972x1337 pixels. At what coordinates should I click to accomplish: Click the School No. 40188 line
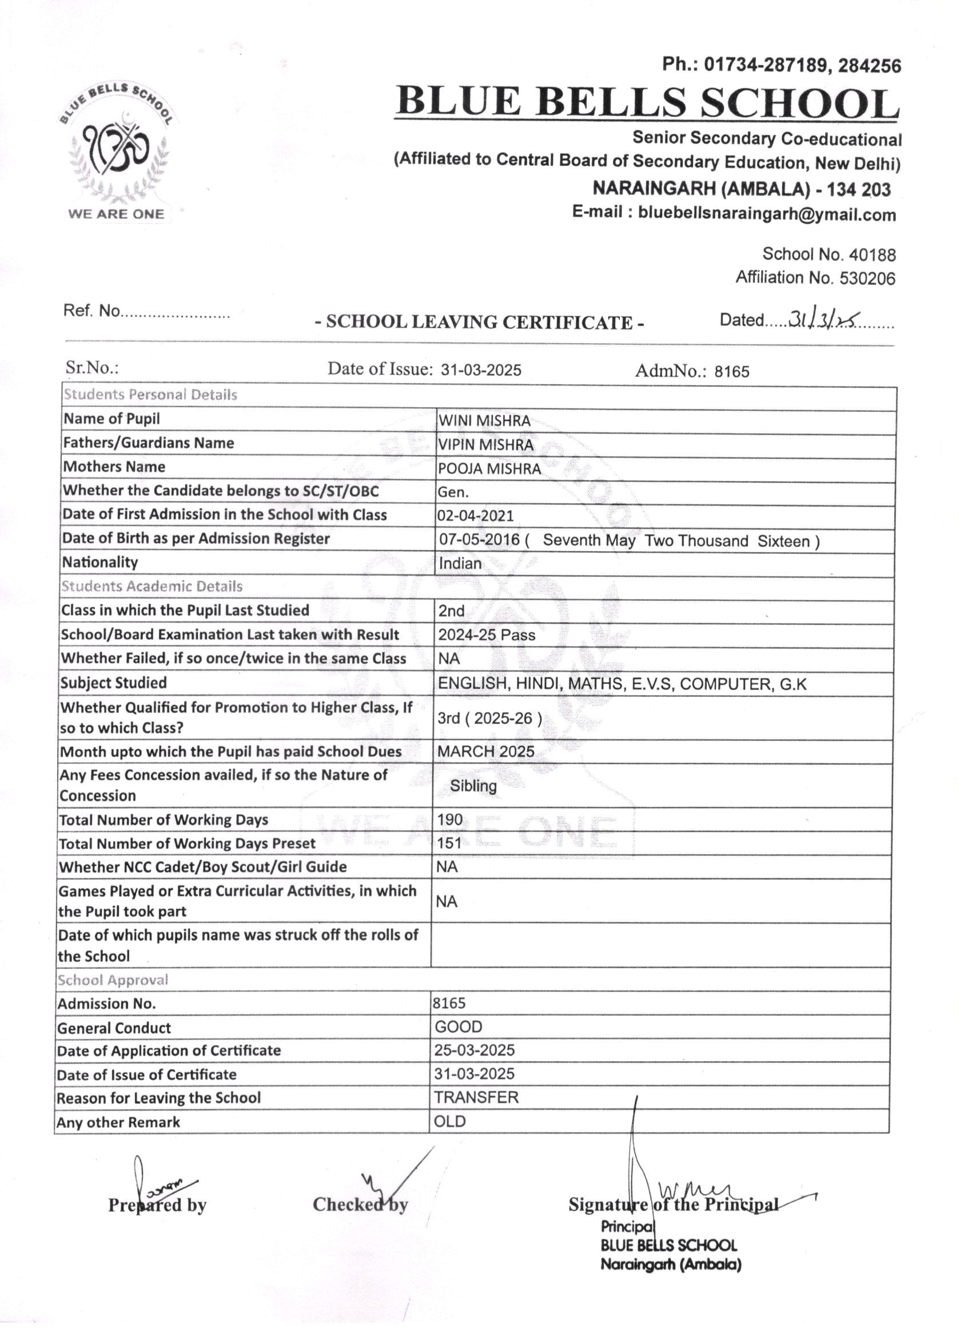click(x=828, y=254)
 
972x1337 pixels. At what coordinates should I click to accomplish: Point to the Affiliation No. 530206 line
click(x=815, y=278)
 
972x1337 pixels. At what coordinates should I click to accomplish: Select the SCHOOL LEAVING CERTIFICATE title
click(x=479, y=323)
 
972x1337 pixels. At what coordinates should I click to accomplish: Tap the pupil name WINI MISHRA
click(x=484, y=421)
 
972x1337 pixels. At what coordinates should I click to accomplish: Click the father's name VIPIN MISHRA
click(x=485, y=445)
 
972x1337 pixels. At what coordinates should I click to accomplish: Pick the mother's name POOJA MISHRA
click(x=489, y=469)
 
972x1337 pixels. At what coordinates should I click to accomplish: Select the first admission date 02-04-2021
click(x=475, y=516)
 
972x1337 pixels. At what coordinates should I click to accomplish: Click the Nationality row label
click(x=99, y=562)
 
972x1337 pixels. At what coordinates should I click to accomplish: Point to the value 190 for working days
click(x=450, y=819)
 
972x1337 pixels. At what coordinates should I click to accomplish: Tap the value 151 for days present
click(x=449, y=843)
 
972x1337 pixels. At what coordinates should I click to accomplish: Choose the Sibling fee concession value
click(x=473, y=786)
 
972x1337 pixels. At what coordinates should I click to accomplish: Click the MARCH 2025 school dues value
click(x=485, y=751)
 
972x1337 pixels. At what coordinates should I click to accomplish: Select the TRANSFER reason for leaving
click(x=476, y=1097)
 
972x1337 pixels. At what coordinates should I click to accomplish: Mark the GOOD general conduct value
click(x=459, y=1028)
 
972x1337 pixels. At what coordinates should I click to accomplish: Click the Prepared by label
click(x=157, y=1205)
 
